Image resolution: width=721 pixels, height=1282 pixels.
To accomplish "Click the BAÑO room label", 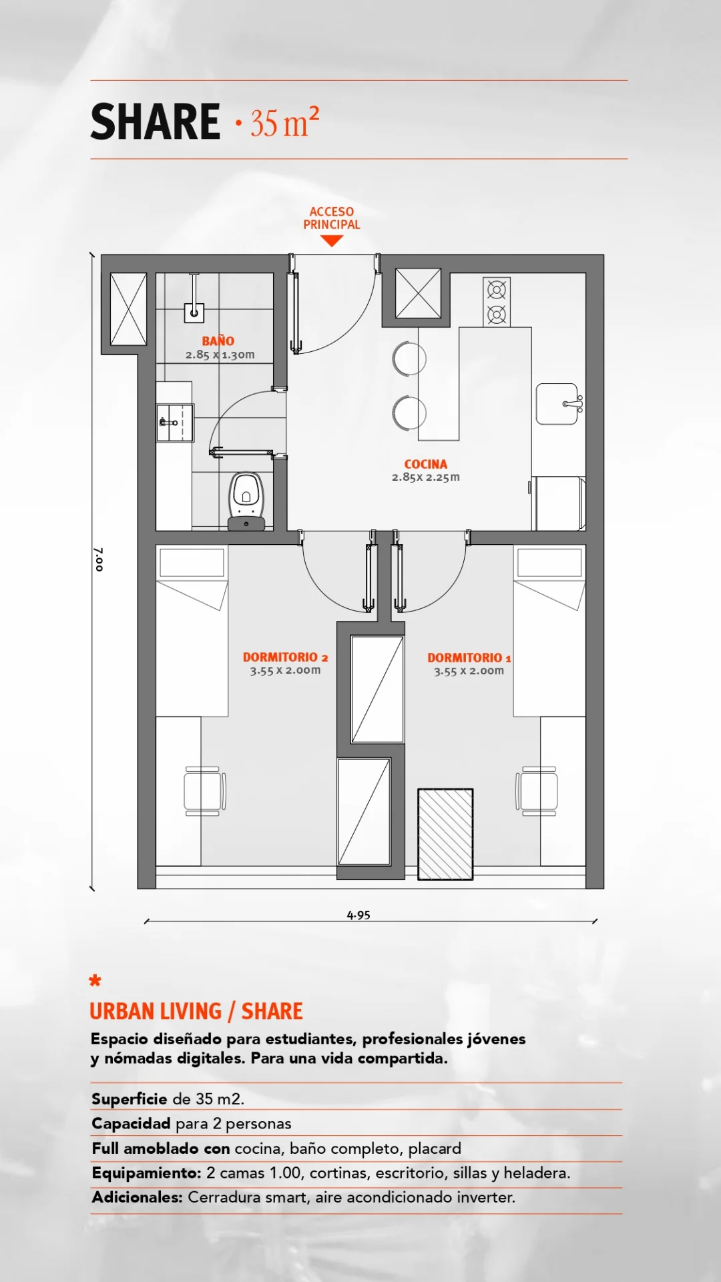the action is [218, 341].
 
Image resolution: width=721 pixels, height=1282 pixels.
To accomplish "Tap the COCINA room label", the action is [426, 464].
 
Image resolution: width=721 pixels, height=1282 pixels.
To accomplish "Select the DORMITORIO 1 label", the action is [469, 658].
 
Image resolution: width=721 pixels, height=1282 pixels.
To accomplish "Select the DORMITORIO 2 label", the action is [285, 657].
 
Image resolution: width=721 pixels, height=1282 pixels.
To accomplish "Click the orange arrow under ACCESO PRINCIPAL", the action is [332, 241].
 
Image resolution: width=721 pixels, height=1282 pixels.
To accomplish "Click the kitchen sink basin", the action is [557, 404].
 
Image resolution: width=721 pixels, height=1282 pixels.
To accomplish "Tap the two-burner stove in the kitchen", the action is [497, 302].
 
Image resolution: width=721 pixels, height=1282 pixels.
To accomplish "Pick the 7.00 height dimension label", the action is [99, 559].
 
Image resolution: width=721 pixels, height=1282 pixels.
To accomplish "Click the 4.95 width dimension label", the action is [358, 915].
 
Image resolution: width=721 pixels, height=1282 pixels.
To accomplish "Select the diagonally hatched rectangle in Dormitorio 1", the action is [445, 834].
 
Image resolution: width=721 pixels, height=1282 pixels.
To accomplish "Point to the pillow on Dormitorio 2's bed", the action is [192, 563].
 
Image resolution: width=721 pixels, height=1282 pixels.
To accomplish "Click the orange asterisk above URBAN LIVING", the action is [95, 980].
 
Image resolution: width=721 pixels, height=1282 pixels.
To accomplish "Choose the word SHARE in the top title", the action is [156, 122].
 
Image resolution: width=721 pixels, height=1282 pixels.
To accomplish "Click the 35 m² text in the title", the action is [285, 122].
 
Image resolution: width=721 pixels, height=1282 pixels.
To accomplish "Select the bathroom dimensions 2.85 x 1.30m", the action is [220, 355].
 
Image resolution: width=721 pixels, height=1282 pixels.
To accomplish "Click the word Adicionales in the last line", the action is [137, 1197].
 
